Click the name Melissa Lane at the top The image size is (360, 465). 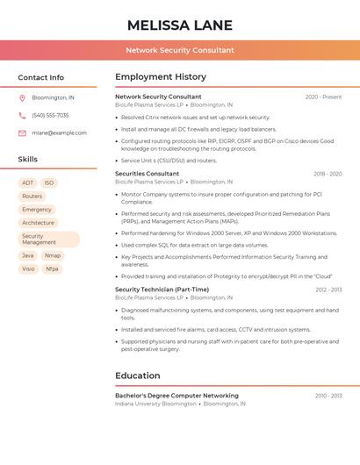[180, 25]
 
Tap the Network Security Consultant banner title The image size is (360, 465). [180, 50]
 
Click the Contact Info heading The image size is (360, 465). [40, 77]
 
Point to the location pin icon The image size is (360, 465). [22, 97]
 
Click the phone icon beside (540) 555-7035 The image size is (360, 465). [22, 115]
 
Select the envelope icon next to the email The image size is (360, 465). [22, 132]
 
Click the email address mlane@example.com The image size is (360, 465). [59, 132]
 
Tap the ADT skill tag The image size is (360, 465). [27, 182]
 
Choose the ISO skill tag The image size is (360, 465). [49, 182]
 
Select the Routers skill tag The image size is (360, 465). [32, 197]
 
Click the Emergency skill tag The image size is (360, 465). [37, 210]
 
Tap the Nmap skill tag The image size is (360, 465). [53, 255]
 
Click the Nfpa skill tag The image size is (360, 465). [52, 268]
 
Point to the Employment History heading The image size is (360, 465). [161, 77]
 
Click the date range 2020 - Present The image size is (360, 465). [323, 97]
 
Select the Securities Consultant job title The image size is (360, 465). [147, 174]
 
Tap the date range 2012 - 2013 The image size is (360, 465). [328, 290]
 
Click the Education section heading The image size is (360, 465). [137, 376]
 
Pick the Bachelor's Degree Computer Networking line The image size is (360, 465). [176, 396]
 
